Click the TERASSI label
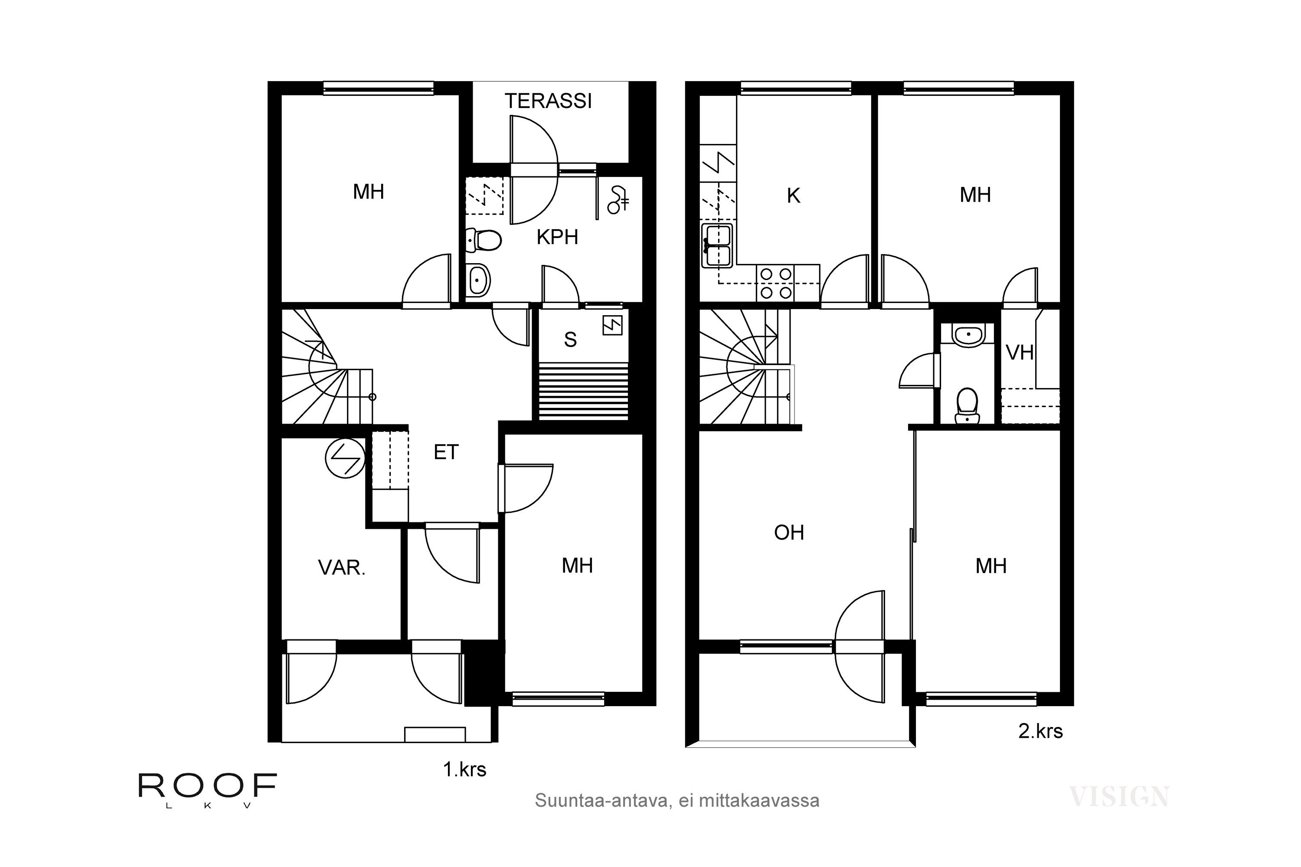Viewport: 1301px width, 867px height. point(548,101)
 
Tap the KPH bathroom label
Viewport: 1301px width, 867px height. point(557,237)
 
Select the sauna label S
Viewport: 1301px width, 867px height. point(570,339)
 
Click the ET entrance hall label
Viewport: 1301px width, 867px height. point(446,452)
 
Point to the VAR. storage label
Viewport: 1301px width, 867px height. point(341,568)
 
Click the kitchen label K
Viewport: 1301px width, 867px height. point(793,196)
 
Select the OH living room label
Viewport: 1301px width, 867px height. point(789,532)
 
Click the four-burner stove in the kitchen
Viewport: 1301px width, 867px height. point(775,283)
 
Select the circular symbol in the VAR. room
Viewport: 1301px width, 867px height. point(345,458)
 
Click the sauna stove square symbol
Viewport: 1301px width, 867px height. point(612,325)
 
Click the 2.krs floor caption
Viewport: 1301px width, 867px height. point(1040,731)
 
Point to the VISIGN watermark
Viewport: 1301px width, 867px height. point(1118,797)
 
